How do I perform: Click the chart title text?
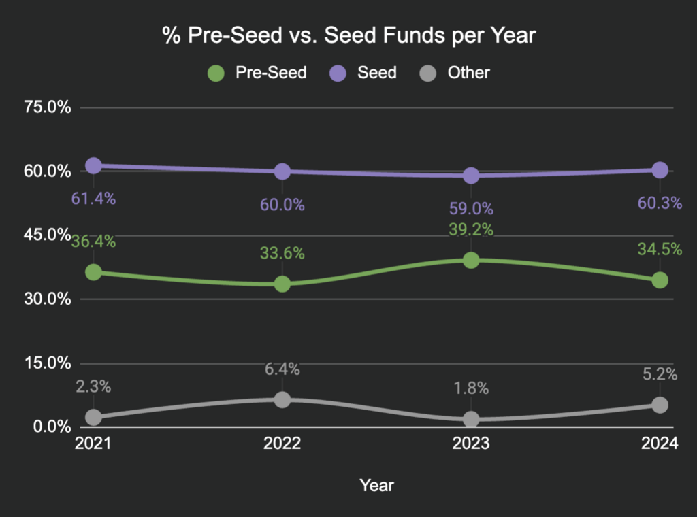click(x=349, y=36)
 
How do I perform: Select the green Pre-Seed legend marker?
click(x=216, y=73)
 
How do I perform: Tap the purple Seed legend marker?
click(x=338, y=73)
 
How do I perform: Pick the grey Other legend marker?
click(x=427, y=73)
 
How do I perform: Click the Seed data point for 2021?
click(x=94, y=165)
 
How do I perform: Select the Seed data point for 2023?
click(x=471, y=176)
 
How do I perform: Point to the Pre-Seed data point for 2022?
click(x=282, y=284)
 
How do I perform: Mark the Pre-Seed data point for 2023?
click(x=471, y=260)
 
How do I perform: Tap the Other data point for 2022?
click(x=282, y=399)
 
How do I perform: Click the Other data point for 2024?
click(x=660, y=405)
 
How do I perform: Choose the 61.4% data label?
click(x=94, y=199)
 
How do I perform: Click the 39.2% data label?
click(x=471, y=230)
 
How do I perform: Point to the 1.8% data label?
click(x=471, y=389)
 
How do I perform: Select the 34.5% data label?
click(x=660, y=250)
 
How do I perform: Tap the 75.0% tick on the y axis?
click(x=47, y=107)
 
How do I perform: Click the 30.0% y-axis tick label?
click(x=47, y=299)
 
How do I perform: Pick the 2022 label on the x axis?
click(x=282, y=444)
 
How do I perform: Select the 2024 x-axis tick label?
click(x=660, y=444)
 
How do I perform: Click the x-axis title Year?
click(x=376, y=485)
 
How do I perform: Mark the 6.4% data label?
click(x=282, y=369)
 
